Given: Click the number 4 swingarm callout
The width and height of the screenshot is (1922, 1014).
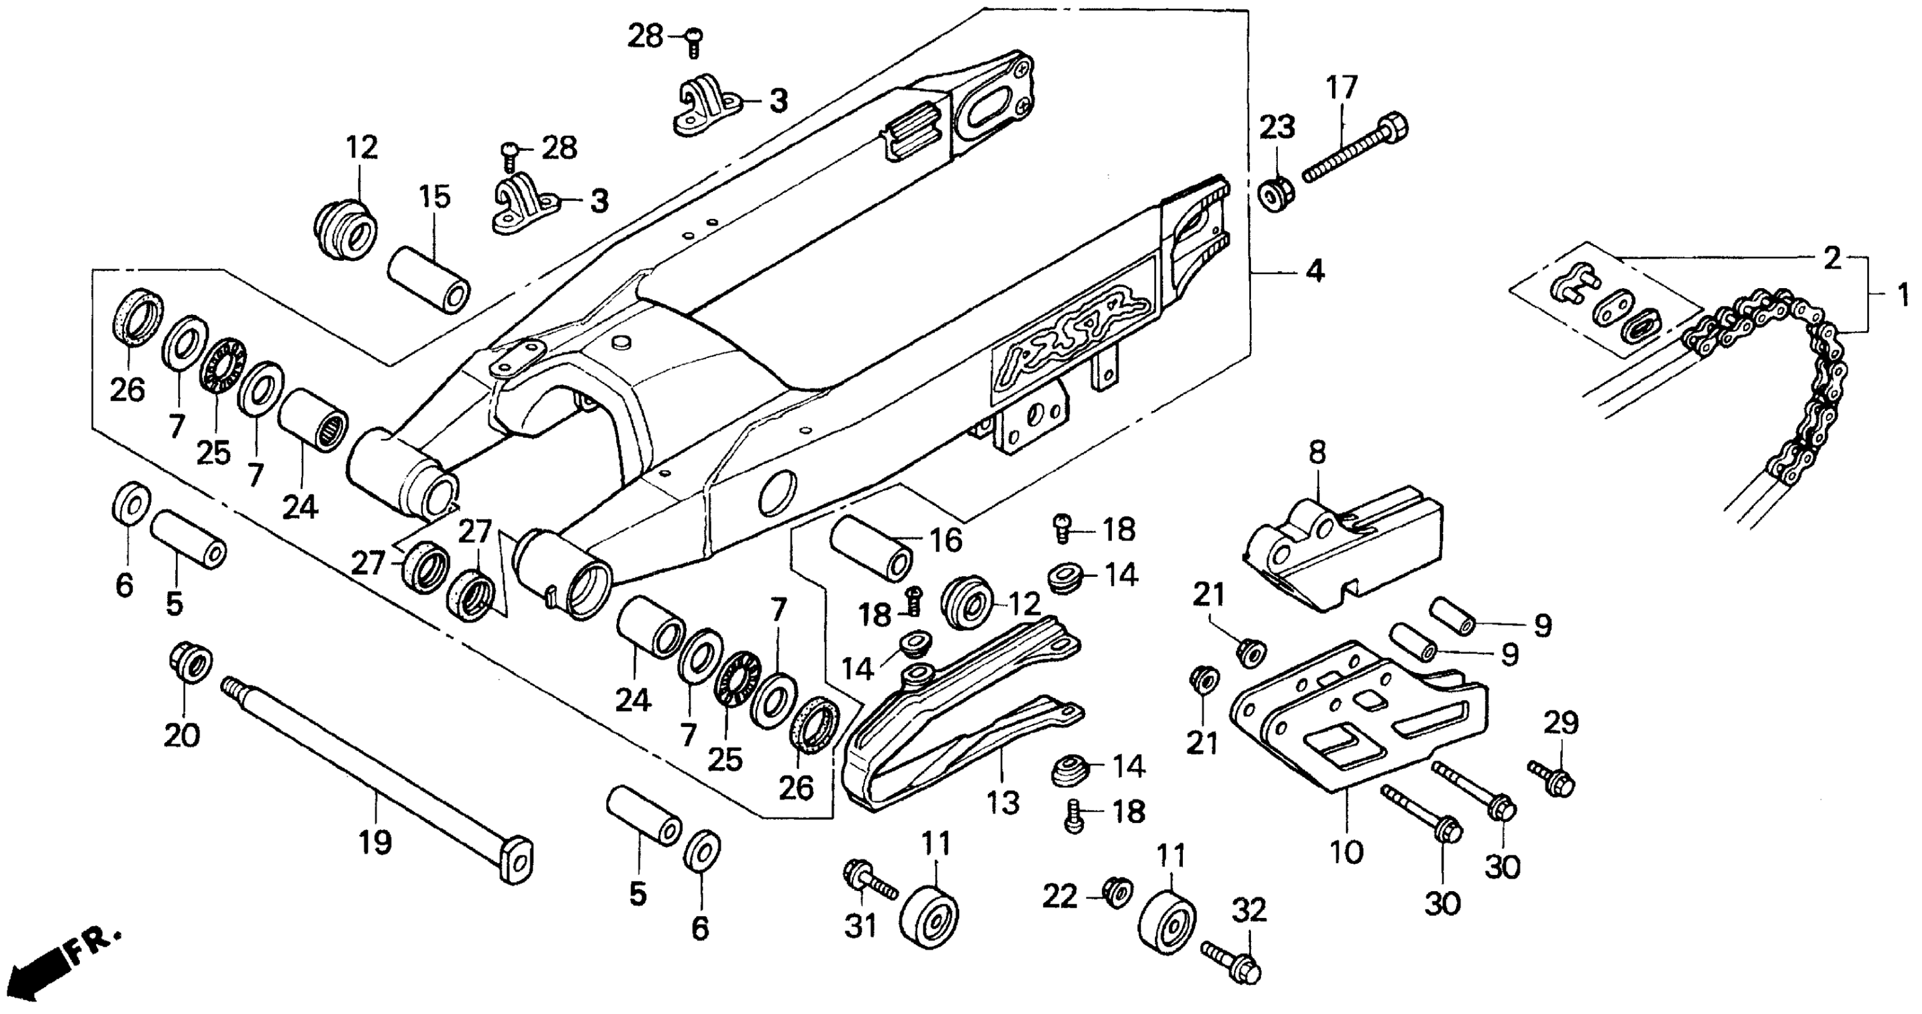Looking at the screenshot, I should [x=1315, y=271].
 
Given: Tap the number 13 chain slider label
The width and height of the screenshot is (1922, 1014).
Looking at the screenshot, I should [x=1003, y=803].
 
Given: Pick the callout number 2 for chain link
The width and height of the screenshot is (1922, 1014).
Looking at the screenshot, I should [x=1832, y=258].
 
